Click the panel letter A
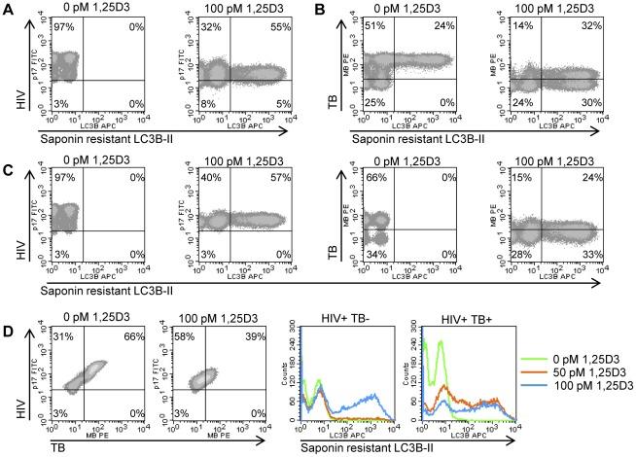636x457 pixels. (x=9, y=10)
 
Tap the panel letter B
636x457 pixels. (x=326, y=10)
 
